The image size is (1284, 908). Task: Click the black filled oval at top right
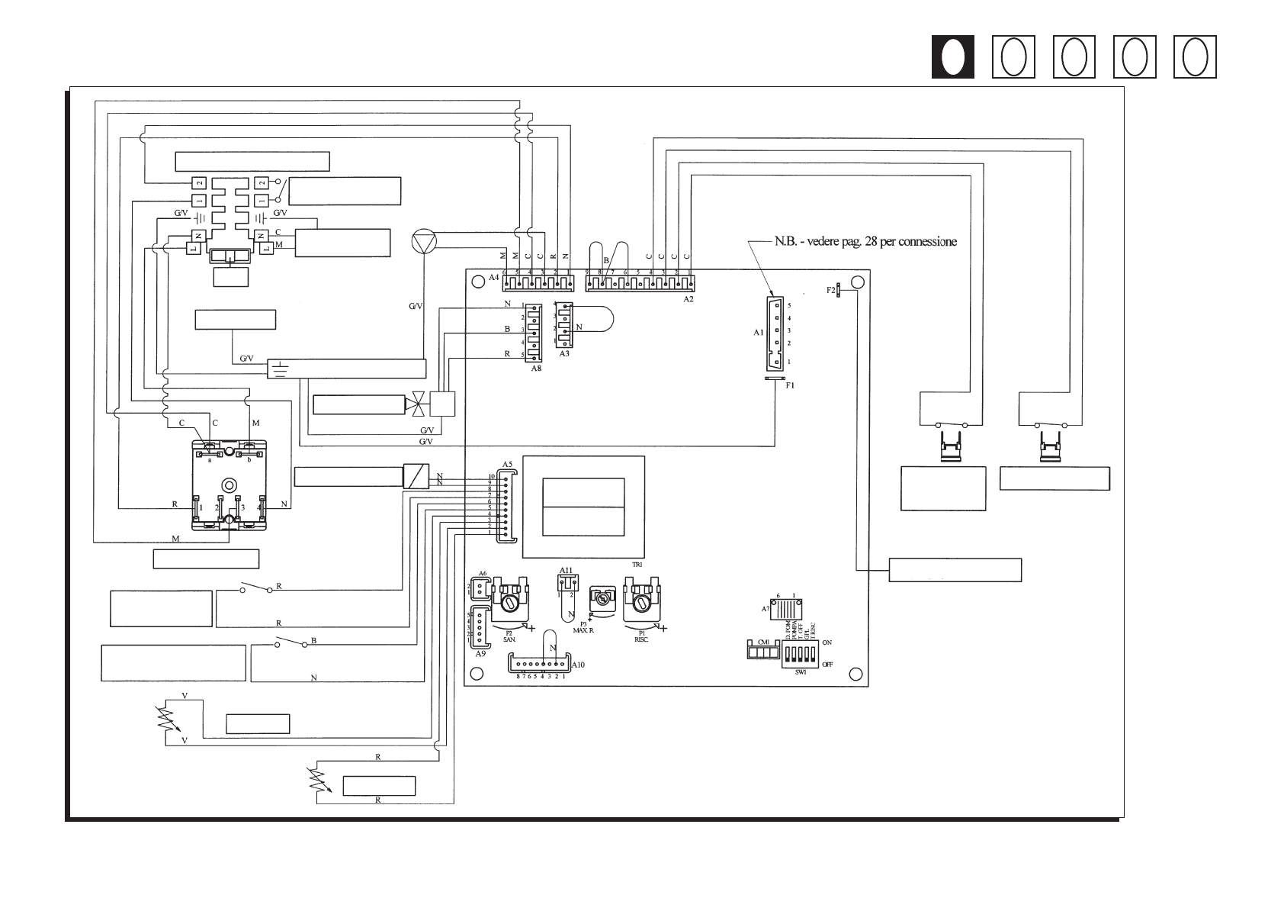coord(952,57)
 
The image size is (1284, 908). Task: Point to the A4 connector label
coord(493,279)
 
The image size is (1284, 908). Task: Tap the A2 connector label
coord(688,300)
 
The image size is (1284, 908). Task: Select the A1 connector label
coord(758,333)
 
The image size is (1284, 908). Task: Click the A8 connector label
coord(536,368)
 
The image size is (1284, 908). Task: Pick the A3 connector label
coord(564,354)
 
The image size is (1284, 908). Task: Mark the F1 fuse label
coord(790,386)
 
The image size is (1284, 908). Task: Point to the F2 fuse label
coord(830,290)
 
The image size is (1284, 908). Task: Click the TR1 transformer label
coord(637,565)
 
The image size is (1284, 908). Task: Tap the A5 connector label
coord(507,464)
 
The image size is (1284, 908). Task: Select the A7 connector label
coord(766,609)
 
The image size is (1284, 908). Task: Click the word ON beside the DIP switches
coord(827,643)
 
